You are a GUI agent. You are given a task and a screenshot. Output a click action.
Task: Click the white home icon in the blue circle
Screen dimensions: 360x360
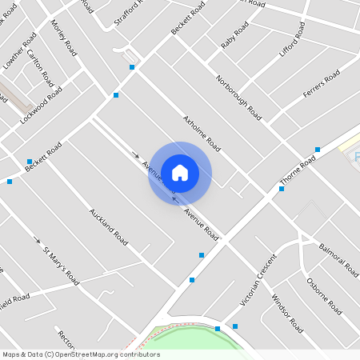180,172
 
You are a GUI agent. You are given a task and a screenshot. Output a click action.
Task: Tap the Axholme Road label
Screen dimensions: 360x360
202,134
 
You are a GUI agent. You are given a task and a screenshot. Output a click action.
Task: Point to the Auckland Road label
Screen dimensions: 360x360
109,226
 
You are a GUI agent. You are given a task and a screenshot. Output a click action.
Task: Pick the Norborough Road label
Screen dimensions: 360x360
239,98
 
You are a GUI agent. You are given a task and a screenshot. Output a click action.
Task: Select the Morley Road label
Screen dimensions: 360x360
64,38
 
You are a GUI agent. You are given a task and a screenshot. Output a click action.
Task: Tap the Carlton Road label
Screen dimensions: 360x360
40,68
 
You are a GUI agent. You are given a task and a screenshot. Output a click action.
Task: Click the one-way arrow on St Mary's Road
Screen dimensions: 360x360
37,239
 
